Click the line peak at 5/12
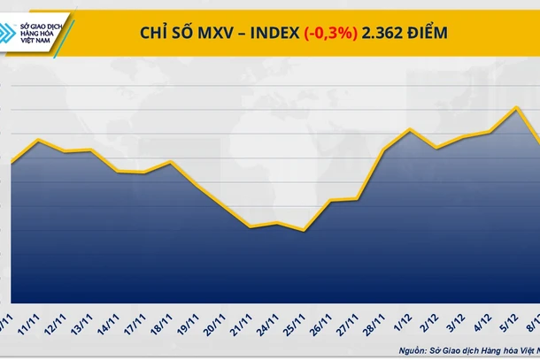click(516, 108)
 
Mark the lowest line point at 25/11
click(304, 231)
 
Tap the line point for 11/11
click(37, 140)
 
